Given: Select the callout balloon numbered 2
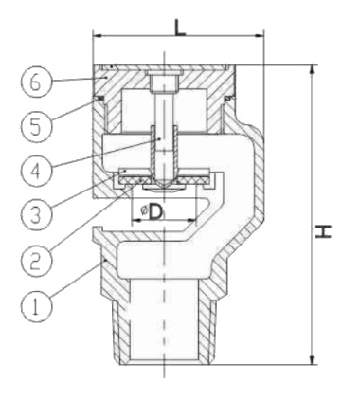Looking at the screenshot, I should click(x=34, y=257).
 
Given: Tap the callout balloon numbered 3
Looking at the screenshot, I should click(x=34, y=212).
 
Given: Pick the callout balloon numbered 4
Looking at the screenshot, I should click(x=34, y=171).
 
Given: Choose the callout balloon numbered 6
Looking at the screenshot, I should click(x=34, y=82).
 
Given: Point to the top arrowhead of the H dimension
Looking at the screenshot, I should click(x=312, y=68).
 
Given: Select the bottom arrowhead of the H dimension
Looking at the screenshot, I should click(x=312, y=360).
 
